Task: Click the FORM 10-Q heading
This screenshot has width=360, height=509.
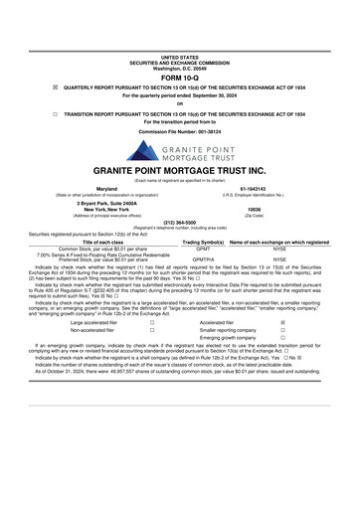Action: click(x=180, y=48)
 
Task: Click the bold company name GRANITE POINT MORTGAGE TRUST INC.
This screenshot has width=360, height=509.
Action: click(x=180, y=170)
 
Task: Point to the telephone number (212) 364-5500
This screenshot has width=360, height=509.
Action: click(x=180, y=223)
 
